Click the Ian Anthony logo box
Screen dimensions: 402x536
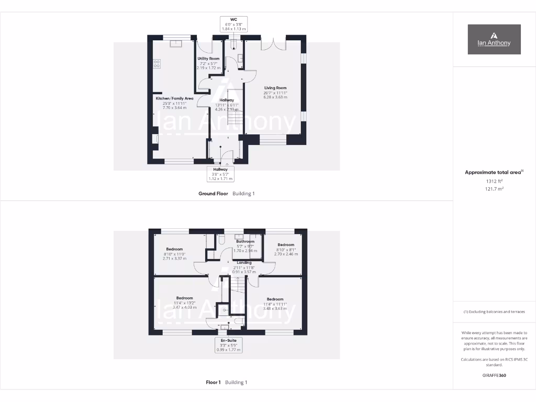pos(494,39)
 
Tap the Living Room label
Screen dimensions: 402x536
pos(275,88)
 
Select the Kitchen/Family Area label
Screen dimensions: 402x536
pos(174,98)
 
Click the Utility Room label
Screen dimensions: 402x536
pos(208,59)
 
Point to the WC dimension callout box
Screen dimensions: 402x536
pos(233,25)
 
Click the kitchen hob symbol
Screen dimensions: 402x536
pos(157,64)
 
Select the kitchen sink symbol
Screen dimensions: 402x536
pos(174,43)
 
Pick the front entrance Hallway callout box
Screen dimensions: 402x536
pos(220,174)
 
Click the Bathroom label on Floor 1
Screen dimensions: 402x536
pos(245,241)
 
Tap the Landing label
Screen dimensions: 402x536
pos(244,263)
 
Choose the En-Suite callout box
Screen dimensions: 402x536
pos(228,344)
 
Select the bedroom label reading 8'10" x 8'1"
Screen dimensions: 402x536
pos(286,249)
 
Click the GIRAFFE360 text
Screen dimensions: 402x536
pos(494,375)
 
